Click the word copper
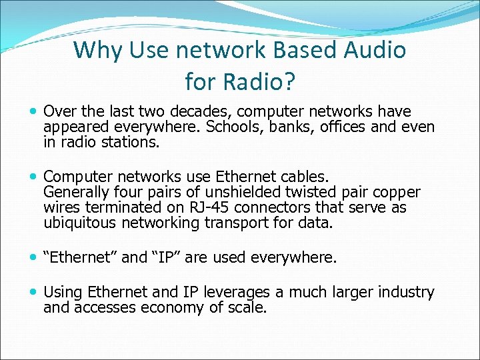(x=396, y=193)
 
